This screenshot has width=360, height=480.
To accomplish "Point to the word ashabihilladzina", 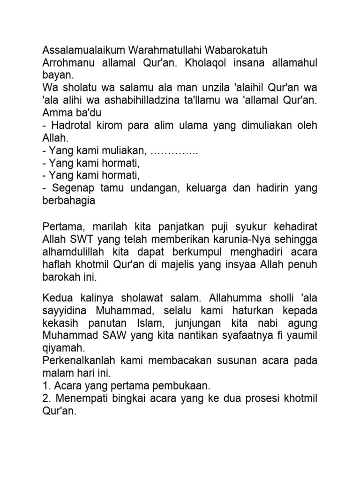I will pyautogui.click(x=142, y=100).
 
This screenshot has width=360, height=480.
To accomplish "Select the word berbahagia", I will pyautogui.click(x=69, y=201).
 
